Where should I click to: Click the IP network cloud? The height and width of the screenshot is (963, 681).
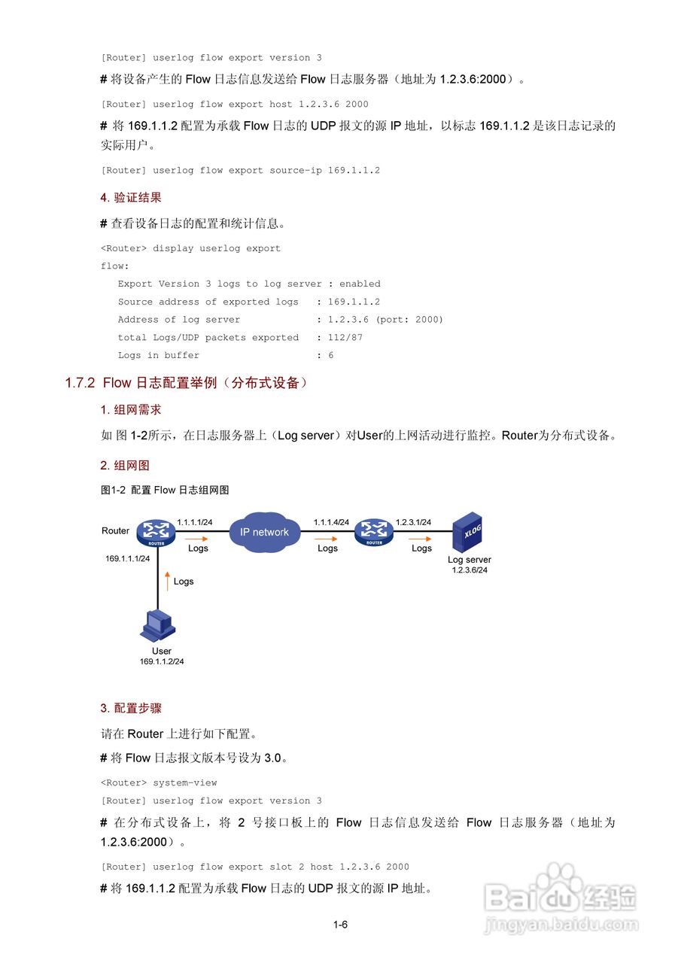[264, 533]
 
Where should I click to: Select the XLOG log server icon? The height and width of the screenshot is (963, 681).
[467, 533]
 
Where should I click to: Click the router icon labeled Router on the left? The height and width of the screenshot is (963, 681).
[157, 534]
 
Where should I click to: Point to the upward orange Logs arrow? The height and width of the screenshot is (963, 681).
[168, 582]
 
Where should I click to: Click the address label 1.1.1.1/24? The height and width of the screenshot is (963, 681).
[195, 522]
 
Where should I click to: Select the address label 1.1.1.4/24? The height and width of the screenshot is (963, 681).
[331, 522]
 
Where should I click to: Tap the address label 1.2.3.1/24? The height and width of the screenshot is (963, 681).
[413, 522]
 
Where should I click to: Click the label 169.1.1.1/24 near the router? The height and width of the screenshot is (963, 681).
[127, 558]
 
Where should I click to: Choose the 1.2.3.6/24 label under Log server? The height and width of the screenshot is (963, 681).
[470, 570]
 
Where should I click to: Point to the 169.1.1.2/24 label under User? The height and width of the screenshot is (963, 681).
[162, 661]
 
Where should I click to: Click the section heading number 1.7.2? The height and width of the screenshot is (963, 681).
[80, 383]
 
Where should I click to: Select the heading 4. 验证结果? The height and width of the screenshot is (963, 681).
[131, 198]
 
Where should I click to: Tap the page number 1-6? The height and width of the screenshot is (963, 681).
[340, 925]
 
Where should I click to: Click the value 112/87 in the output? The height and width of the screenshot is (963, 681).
[345, 338]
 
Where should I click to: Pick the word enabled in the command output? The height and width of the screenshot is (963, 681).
[360, 284]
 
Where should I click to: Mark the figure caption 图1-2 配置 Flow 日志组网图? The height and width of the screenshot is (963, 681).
[165, 490]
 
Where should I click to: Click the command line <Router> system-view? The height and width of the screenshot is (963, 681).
[159, 782]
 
